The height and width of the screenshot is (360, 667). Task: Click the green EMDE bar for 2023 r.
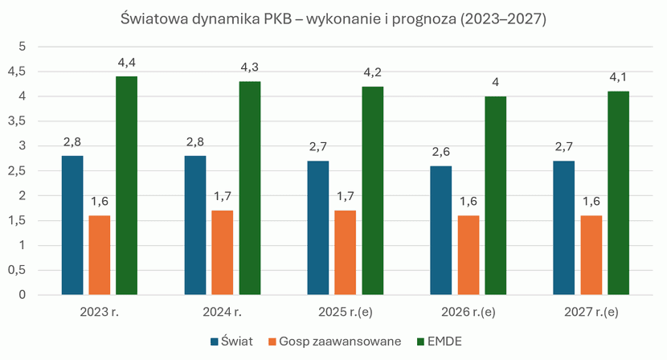126,186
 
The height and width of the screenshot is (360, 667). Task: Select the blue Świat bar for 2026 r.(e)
441,230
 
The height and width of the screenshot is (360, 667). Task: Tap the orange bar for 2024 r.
223,252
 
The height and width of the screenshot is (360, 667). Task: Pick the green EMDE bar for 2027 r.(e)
618,193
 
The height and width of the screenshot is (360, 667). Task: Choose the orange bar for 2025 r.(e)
346,252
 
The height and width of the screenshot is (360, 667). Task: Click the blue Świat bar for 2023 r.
72,225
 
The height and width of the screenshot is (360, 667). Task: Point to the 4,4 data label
126,63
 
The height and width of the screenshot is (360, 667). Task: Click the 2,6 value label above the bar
441,152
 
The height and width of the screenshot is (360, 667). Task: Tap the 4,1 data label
618,78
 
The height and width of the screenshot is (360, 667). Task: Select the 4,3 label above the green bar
250,67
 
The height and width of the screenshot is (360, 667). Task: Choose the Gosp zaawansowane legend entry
336,342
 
